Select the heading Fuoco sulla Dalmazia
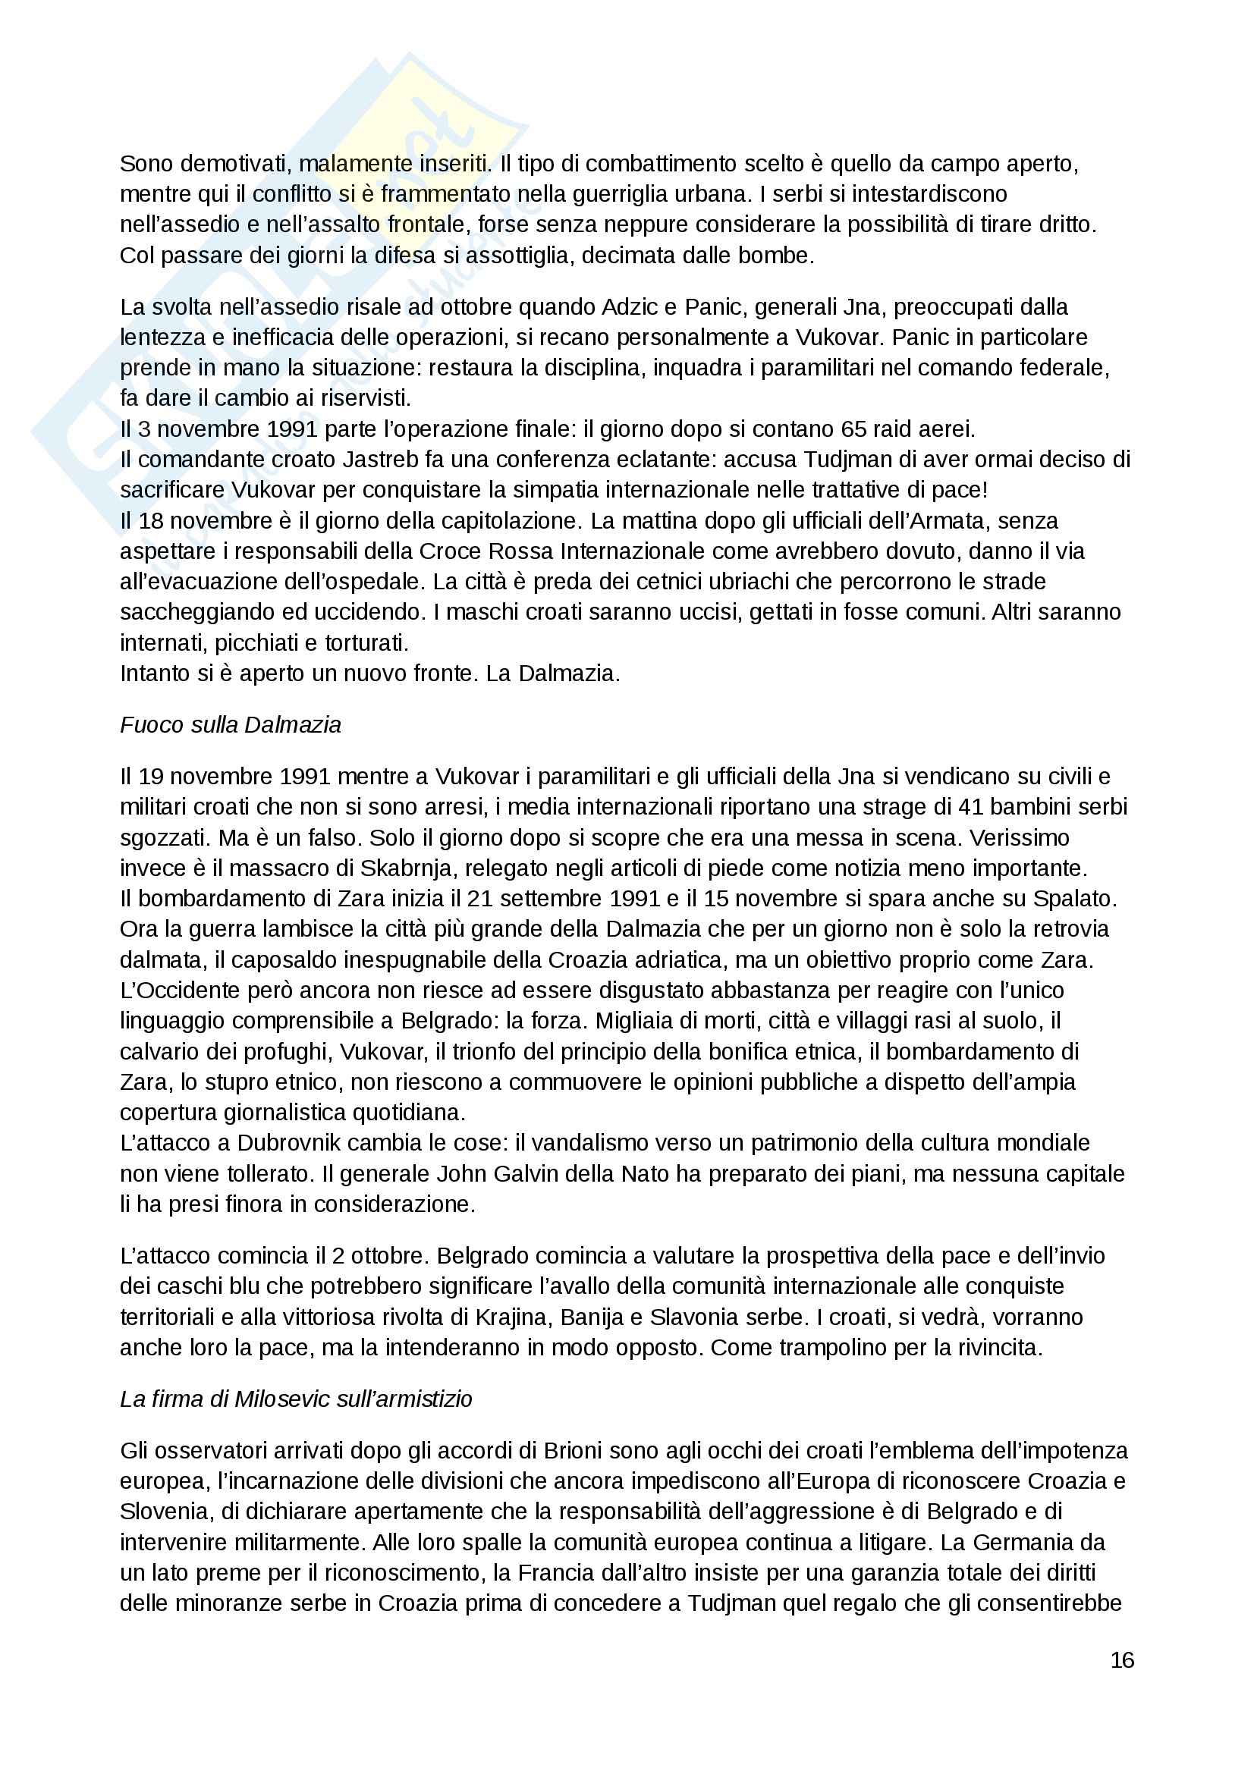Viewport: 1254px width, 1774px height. [231, 725]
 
